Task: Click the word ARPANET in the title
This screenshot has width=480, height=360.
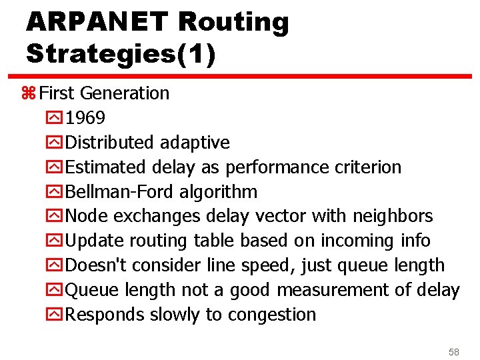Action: coord(97,22)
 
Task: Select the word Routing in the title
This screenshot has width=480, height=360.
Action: coord(233,22)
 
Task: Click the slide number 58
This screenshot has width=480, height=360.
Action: coord(454,351)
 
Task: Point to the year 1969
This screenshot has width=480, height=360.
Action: coord(86,118)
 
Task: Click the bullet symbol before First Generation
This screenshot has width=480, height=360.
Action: coord(28,93)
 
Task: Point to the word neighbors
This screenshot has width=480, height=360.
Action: coord(393,217)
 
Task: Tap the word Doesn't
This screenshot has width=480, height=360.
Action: coord(97,265)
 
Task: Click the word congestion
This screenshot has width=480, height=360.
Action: coord(272,315)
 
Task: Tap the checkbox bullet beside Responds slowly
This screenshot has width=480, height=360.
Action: coord(58,315)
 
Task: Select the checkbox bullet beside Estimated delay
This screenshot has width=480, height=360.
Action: coord(58,167)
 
